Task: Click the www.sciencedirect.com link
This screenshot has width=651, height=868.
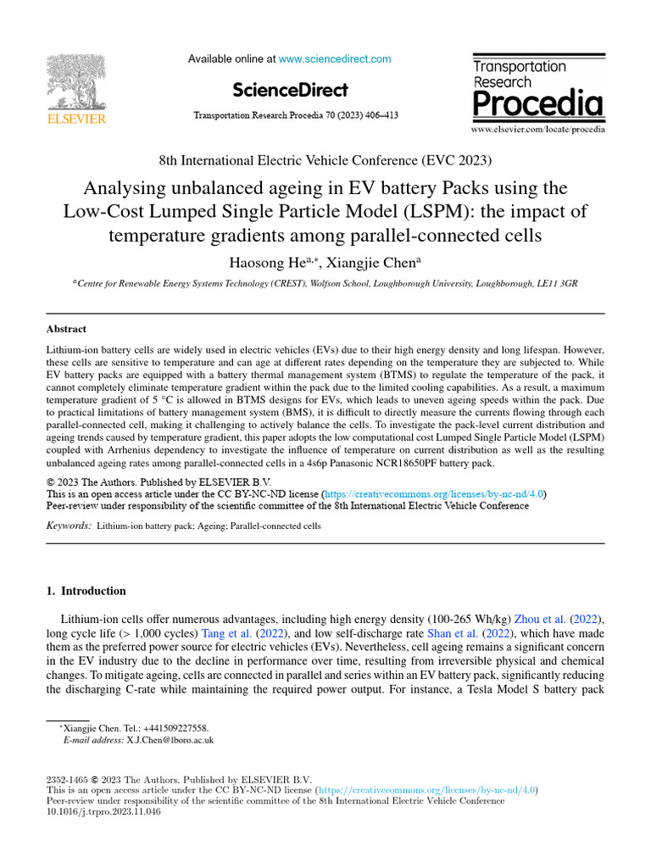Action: [x=335, y=59]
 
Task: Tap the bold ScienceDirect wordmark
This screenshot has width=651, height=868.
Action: [x=289, y=90]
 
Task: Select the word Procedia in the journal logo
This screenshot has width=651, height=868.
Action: [x=537, y=105]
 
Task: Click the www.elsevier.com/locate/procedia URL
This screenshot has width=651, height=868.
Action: [x=538, y=130]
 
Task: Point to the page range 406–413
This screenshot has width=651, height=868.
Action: [x=381, y=115]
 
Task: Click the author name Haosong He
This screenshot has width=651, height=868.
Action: [x=259, y=263]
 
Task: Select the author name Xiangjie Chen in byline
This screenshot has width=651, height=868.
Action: [x=364, y=263]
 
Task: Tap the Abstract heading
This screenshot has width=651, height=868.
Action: [x=66, y=329]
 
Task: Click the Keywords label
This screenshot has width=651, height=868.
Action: [x=69, y=526]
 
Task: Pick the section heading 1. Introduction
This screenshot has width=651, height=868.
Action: [x=86, y=591]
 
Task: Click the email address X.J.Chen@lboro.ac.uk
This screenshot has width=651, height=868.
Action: [x=170, y=740]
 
